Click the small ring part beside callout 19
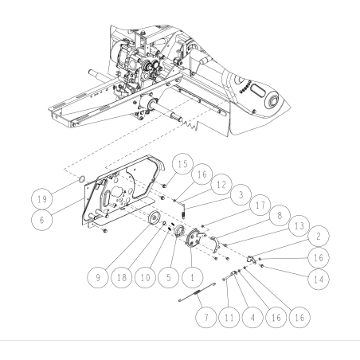[80, 190]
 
